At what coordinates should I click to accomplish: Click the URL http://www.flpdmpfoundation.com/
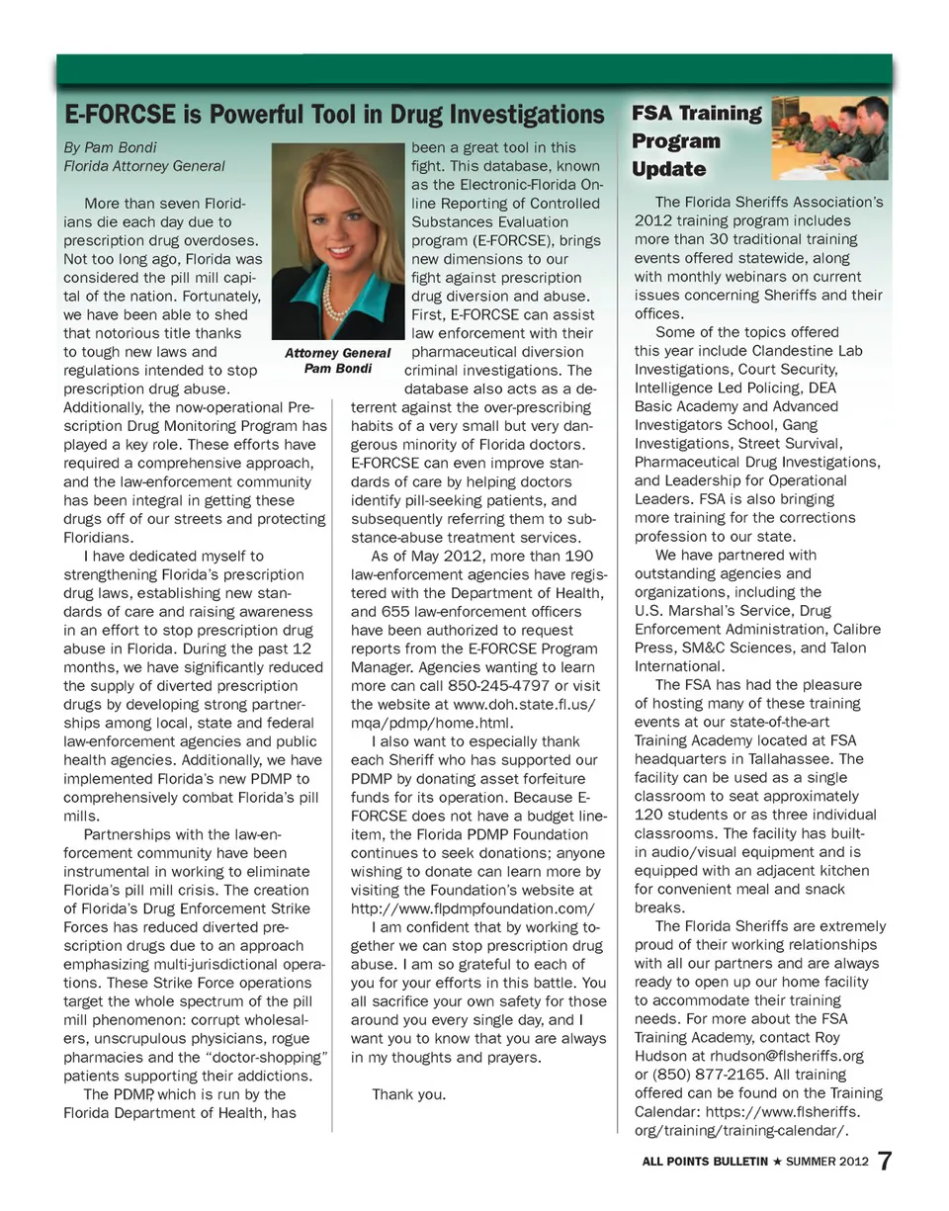pos(474,908)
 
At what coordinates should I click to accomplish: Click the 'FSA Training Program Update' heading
pos(696,140)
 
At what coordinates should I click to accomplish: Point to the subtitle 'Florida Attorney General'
pos(144,166)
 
